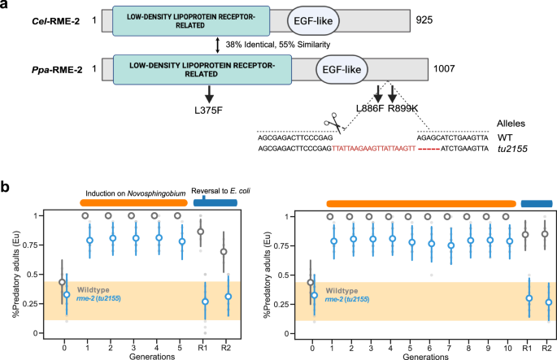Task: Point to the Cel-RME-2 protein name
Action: [52, 20]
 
